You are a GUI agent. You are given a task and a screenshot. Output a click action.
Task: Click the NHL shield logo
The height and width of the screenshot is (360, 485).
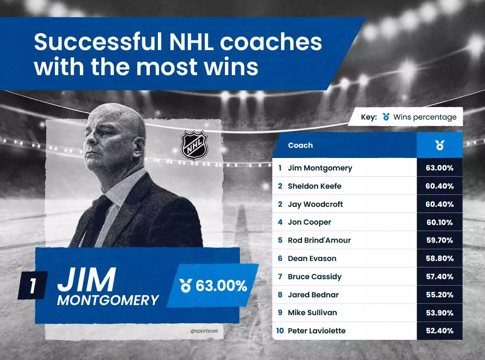tap(194, 145)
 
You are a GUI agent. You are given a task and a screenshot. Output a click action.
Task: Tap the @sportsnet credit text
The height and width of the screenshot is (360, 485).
tap(204, 331)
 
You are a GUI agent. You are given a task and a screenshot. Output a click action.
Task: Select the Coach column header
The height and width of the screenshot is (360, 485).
tap(300, 145)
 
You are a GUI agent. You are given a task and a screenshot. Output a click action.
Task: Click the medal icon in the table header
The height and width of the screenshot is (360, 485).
tap(439, 145)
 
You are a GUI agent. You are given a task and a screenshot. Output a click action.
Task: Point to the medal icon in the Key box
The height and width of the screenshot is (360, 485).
tap(386, 117)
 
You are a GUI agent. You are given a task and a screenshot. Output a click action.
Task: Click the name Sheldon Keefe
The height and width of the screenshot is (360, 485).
tap(315, 186)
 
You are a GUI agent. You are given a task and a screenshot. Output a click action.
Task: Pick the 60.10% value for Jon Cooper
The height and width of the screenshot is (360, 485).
tap(439, 222)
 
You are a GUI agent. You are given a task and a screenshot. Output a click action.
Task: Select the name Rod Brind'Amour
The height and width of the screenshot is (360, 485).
tap(319, 240)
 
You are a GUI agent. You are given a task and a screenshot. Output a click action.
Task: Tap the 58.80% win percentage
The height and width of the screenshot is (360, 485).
tap(439, 259)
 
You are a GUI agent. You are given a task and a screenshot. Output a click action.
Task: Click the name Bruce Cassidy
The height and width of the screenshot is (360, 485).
tap(315, 277)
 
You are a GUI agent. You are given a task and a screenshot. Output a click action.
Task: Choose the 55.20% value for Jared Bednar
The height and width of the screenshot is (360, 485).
tap(439, 295)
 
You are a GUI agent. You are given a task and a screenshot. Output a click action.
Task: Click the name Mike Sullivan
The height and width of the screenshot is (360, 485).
tap(312, 313)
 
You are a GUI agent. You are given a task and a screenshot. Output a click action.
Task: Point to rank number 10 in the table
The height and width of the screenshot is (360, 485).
tap(280, 331)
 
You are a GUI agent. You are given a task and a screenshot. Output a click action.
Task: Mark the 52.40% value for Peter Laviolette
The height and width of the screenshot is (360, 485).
tap(439, 331)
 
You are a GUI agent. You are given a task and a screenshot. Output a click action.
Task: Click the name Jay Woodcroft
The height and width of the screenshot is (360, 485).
tap(315, 204)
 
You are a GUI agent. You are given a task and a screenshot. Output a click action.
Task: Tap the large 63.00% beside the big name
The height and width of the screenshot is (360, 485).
tap(221, 286)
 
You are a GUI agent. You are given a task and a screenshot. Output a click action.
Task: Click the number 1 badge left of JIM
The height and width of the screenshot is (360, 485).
tap(32, 286)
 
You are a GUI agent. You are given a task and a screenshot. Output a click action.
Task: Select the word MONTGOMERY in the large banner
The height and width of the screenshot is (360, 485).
tap(108, 300)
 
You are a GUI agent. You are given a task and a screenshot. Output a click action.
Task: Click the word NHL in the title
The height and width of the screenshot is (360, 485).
tap(191, 42)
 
